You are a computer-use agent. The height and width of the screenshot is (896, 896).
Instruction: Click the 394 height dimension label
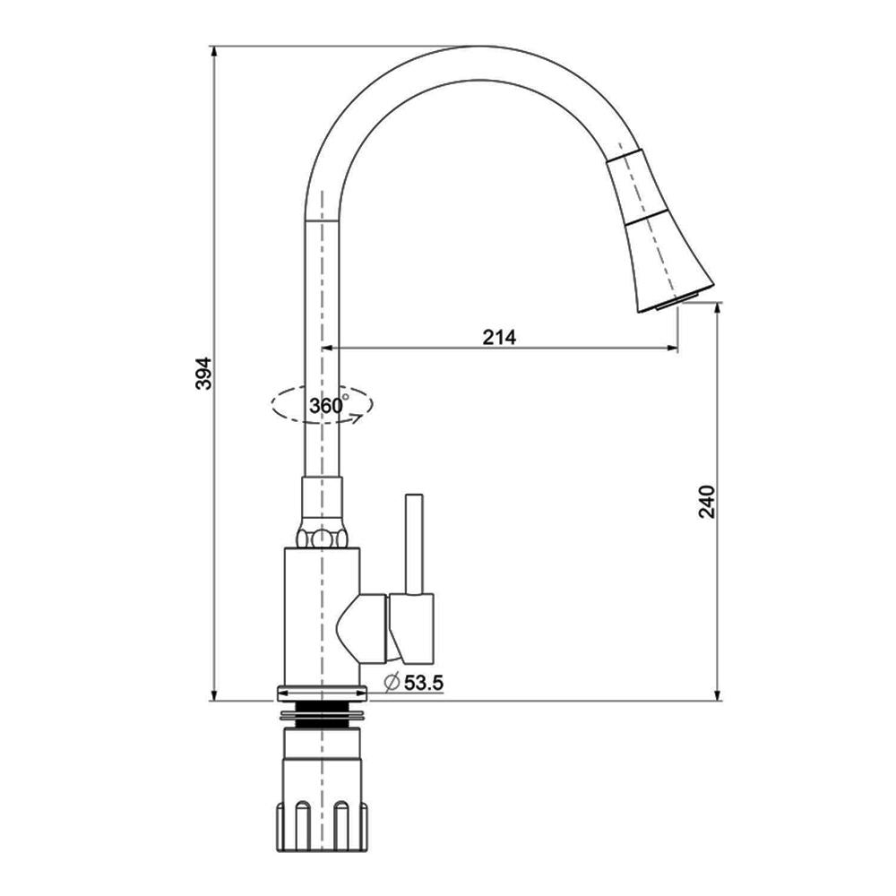click(x=204, y=373)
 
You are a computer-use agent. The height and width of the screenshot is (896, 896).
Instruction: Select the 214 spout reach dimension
click(x=499, y=337)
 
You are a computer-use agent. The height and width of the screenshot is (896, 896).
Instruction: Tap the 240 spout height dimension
click(x=708, y=501)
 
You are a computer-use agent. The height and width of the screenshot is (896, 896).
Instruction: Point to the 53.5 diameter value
click(x=424, y=682)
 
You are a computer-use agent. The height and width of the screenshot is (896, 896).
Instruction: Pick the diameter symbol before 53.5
click(x=392, y=682)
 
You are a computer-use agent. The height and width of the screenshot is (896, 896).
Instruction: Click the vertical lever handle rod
click(x=414, y=544)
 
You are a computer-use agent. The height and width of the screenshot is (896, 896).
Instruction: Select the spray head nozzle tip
click(x=676, y=301)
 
